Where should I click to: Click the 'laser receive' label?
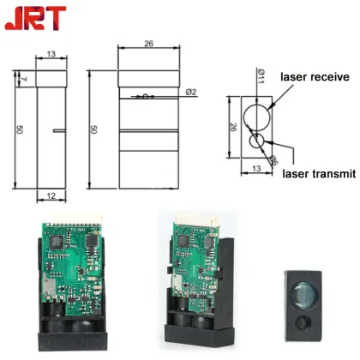[x=315, y=77]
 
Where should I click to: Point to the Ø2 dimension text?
[x=192, y=92]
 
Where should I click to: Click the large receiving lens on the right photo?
[x=306, y=293]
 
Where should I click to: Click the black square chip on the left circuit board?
[x=57, y=242]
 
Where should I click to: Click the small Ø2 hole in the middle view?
[x=148, y=95]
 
